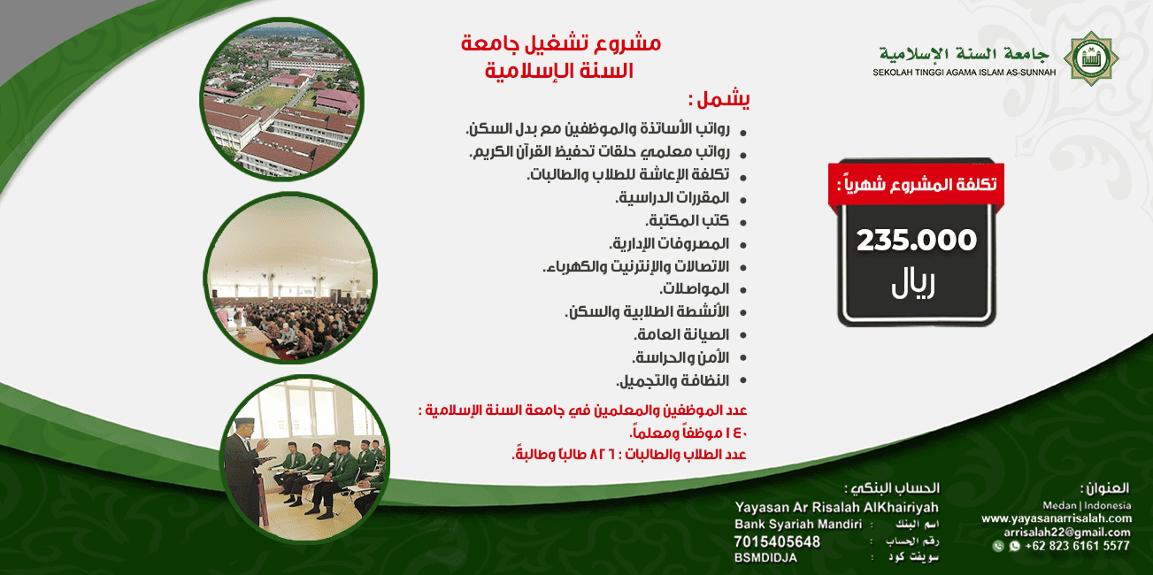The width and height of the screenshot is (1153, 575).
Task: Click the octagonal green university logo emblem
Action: tap(1091, 58)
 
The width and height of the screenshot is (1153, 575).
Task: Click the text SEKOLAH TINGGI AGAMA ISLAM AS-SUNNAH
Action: tap(965, 73)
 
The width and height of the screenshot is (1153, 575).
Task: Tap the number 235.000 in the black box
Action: tap(916, 240)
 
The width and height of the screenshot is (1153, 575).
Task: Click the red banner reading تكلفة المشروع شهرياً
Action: tap(916, 184)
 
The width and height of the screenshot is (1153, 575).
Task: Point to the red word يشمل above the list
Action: tap(719, 98)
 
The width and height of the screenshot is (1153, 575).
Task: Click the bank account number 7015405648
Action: tap(777, 541)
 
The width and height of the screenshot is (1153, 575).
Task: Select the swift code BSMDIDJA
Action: tap(766, 558)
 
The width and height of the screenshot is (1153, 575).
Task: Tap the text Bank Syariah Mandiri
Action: tap(798, 525)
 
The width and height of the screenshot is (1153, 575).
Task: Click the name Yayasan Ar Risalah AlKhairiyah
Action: tap(837, 508)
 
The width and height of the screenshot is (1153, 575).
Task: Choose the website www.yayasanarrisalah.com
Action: tap(1057, 518)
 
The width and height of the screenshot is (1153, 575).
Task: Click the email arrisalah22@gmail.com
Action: tap(1067, 533)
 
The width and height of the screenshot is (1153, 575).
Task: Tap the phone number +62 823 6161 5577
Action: tap(1077, 546)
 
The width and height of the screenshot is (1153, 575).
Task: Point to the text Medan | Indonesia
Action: tap(1088, 505)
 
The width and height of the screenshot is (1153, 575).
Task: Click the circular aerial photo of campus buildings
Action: tap(282, 99)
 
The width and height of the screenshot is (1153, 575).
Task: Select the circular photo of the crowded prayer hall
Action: tap(290, 278)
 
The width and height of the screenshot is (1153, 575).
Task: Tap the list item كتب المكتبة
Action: tap(688, 221)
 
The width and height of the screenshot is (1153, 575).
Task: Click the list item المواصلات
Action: tap(695, 288)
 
